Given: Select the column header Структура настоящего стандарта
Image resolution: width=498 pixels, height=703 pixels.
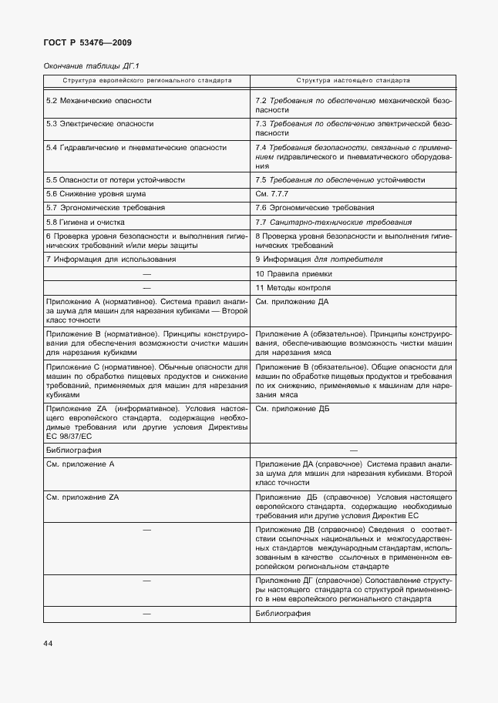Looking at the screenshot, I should tap(354, 80).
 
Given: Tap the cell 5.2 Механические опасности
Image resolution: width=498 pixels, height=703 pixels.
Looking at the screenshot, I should tap(99, 101).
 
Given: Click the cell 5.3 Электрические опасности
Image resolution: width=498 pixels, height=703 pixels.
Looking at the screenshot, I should tap(99, 123).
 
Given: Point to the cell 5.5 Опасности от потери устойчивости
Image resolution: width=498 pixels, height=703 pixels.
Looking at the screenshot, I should tap(116, 179).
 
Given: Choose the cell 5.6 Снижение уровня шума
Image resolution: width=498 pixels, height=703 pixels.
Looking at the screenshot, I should tap(96, 193).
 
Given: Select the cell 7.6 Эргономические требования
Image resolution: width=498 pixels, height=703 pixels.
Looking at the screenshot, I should tap(315, 208).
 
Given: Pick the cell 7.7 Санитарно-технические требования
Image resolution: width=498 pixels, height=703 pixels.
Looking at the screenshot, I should tap(333, 222).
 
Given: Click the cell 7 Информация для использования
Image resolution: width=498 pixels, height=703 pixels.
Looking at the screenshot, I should tap(110, 259).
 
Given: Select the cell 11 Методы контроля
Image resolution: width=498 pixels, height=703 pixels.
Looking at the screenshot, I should tap(293, 288).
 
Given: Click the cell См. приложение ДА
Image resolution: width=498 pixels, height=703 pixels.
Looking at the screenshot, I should tap(291, 302).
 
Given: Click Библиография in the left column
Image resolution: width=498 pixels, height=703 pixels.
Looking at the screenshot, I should tap(74, 450).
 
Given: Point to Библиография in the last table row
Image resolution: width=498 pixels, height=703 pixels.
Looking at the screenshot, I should tap(283, 614).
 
